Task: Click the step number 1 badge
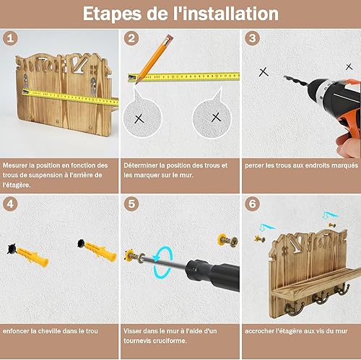click(10, 38)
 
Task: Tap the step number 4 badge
click(10, 204)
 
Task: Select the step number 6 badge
click(252, 204)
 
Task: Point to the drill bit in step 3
click(295, 80)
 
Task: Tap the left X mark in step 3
click(264, 72)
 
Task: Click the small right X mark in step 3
click(349, 66)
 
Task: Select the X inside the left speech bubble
click(139, 119)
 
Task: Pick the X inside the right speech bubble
click(216, 117)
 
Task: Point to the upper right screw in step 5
click(228, 240)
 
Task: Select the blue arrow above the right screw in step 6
click(330, 216)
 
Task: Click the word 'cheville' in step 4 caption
click(45, 331)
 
